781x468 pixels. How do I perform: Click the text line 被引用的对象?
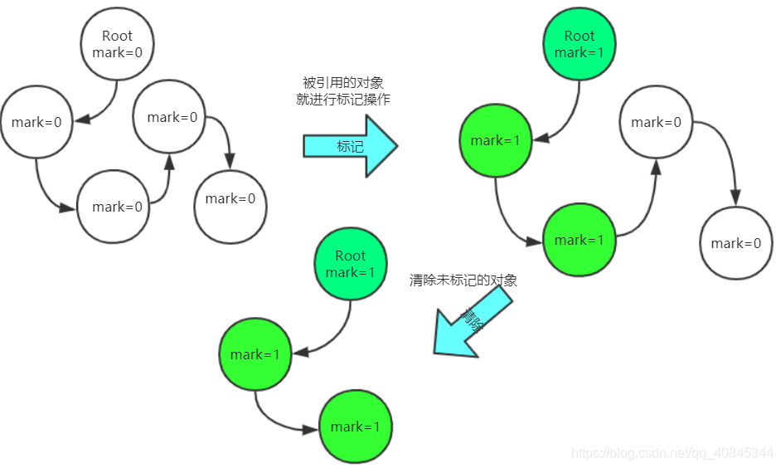[x=342, y=83]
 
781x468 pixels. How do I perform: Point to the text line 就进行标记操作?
[x=342, y=100]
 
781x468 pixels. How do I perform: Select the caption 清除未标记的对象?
[x=463, y=280]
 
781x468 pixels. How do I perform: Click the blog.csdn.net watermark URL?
[x=672, y=453]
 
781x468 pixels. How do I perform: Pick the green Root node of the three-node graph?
[x=350, y=264]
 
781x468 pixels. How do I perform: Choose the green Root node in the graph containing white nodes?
[x=579, y=44]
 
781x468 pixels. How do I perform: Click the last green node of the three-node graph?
[x=355, y=427]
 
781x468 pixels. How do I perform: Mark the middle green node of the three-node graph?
[x=255, y=354]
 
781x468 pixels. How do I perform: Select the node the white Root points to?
[x=36, y=122]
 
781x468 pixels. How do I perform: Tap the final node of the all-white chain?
[x=230, y=198]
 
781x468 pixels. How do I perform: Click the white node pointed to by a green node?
[x=656, y=122]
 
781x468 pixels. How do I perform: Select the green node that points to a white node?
[x=579, y=240]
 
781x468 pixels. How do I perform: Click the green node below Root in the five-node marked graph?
[x=495, y=140]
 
